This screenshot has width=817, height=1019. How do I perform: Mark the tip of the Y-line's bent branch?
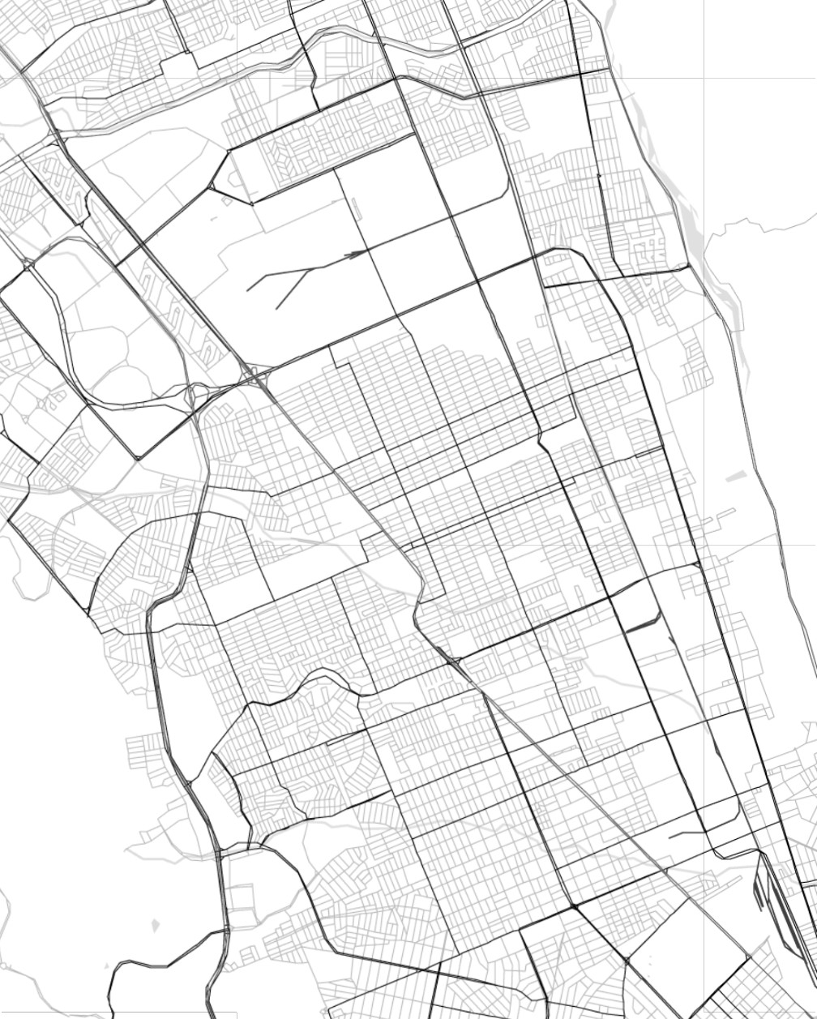point(276,309)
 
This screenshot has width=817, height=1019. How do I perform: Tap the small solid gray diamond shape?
point(156,924)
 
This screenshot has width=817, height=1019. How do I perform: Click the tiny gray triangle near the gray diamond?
point(108,965)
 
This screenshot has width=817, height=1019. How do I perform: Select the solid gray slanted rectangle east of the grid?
point(734,477)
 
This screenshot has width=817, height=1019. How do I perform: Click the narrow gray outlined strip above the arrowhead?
point(357,210)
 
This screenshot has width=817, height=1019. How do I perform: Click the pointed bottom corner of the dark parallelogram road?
point(139,459)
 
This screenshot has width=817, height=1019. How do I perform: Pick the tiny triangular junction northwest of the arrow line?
point(212,188)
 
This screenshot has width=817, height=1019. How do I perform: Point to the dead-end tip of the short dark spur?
point(670,835)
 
